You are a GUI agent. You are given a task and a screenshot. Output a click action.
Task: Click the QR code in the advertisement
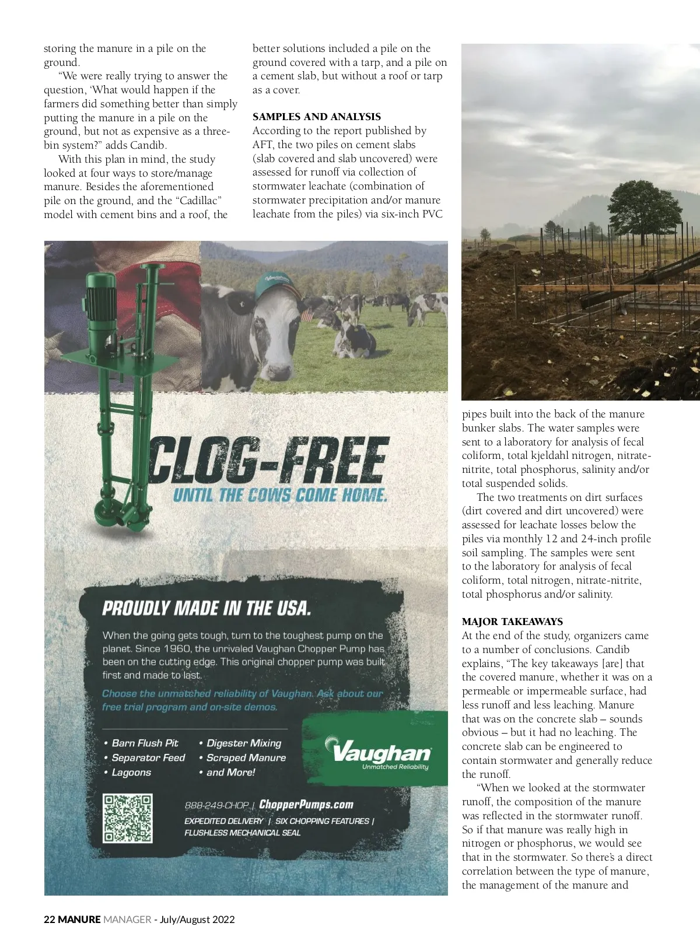127,818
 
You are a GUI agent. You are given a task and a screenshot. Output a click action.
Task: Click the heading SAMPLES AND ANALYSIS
316,117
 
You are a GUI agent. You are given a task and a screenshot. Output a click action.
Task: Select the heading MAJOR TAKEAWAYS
512,622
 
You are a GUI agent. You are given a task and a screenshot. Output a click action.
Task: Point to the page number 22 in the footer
50,920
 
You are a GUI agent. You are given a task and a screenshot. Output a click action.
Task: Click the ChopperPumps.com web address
306,805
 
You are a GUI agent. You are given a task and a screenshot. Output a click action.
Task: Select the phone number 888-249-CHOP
216,805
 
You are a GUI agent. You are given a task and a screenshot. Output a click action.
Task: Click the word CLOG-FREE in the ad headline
269,461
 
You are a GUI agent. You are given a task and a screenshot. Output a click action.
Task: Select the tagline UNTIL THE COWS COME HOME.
280,496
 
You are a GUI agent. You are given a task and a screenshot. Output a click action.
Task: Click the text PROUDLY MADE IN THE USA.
206,608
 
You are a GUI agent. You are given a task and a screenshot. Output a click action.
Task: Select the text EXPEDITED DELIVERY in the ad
223,821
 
